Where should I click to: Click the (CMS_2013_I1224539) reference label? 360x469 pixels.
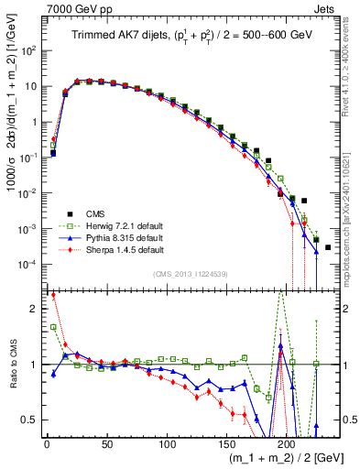point(191,273)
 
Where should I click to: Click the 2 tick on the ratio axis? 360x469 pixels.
point(35,309)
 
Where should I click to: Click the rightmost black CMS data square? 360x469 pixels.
point(328,247)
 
